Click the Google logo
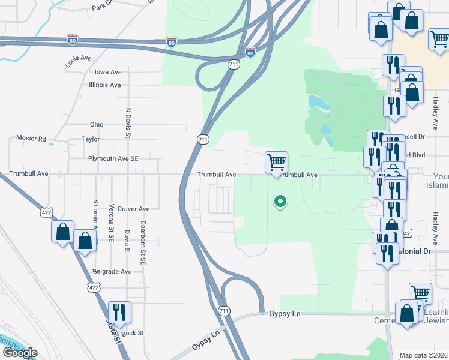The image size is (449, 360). click(x=20, y=352)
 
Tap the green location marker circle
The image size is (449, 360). click(x=279, y=202)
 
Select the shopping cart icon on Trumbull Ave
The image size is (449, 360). click(x=276, y=162)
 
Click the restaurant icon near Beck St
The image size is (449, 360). click(x=119, y=312)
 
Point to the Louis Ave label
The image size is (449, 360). click(x=78, y=58)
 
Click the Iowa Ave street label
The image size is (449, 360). click(x=108, y=71)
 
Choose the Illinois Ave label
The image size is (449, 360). click(x=104, y=85)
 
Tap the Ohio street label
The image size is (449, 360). click(x=97, y=124)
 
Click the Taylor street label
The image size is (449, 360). click(x=91, y=139)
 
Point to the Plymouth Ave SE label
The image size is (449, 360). click(x=113, y=159)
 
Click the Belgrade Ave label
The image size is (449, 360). click(x=112, y=271)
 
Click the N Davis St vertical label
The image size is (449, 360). click(x=128, y=123)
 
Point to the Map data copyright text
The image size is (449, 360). click(x=423, y=355)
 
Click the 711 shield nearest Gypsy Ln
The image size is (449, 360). click(x=223, y=310)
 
